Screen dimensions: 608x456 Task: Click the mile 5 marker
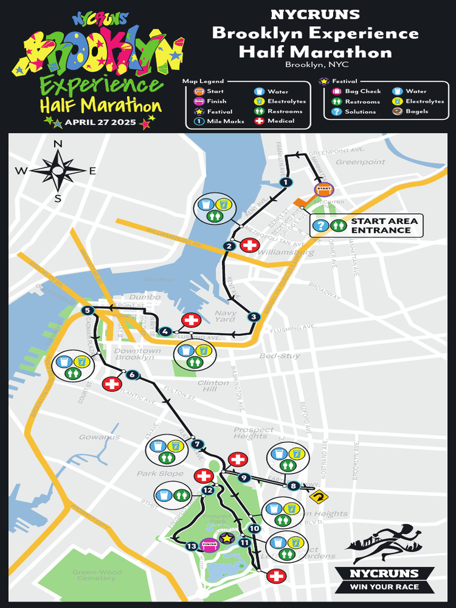[88, 310]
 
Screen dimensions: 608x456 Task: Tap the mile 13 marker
[191, 546]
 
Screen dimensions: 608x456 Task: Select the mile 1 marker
[286, 182]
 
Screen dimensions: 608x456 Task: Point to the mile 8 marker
[293, 486]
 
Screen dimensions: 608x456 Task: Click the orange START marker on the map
[323, 189]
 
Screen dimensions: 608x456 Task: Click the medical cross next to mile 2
[250, 245]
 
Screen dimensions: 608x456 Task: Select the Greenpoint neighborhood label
[360, 161]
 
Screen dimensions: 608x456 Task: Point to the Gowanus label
[99, 437]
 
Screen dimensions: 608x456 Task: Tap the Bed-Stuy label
[280, 356]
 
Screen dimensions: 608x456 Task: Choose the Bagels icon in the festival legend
[397, 111]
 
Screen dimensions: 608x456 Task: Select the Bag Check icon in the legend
[337, 91]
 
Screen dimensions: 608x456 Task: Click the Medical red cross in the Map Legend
[259, 121]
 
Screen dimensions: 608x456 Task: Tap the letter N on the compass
[58, 144]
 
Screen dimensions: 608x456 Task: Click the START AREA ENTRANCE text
[384, 226]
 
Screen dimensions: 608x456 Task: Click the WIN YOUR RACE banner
[384, 587]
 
